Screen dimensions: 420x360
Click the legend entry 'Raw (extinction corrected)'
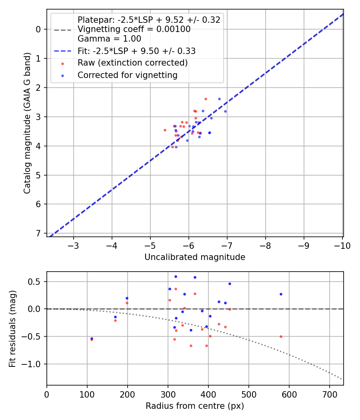coord(132,63)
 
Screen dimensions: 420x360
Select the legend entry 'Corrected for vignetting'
coord(128,75)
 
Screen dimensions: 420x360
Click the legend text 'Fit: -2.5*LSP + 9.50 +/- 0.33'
coord(136,51)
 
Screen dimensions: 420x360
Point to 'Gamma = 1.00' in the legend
coord(109,39)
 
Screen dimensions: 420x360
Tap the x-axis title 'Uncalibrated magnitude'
coord(195,257)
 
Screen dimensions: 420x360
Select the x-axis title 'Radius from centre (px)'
coord(195,406)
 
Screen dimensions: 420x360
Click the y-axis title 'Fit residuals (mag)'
coord(13,328)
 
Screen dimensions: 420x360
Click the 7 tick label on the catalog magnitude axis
coord(39,233)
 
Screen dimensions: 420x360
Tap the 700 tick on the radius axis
coord(329,394)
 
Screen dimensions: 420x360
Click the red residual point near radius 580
coord(281,336)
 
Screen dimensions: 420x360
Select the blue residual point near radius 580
coord(281,294)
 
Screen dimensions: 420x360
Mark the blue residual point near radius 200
coord(127,298)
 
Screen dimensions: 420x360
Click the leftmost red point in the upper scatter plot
coord(165,130)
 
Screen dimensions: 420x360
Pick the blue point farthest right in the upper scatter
coord(225,111)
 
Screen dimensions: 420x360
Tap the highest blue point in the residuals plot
coord(175,276)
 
